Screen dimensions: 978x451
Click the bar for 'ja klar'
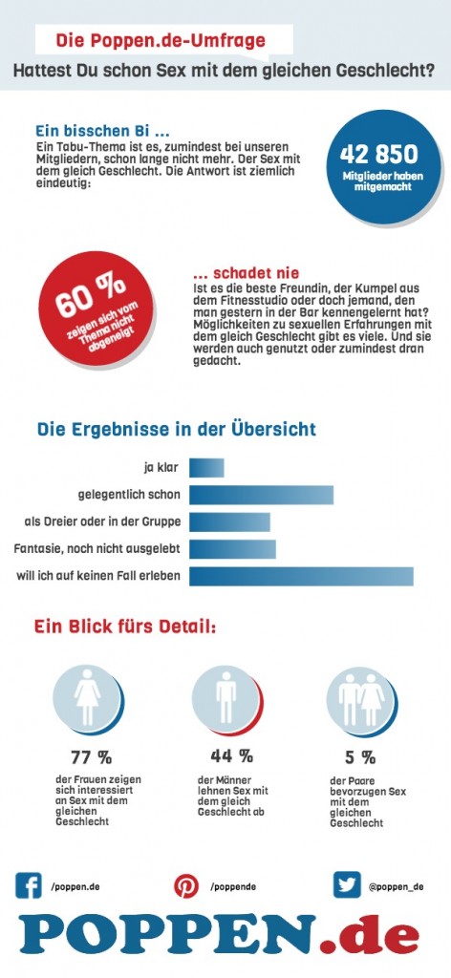pos(206,467)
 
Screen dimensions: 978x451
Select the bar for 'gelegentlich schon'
pos(261,495)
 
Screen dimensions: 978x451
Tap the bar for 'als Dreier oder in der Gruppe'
pos(229,521)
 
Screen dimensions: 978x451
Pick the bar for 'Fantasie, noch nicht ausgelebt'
pos(232,549)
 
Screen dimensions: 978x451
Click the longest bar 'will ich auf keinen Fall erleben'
pos(301,576)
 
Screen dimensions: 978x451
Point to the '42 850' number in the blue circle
pos(378,156)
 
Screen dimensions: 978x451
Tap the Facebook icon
pos(29,885)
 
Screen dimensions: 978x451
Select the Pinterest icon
pos(186,886)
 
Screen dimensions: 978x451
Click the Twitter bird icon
pos(347,885)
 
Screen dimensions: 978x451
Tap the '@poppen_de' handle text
pos(396,887)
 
